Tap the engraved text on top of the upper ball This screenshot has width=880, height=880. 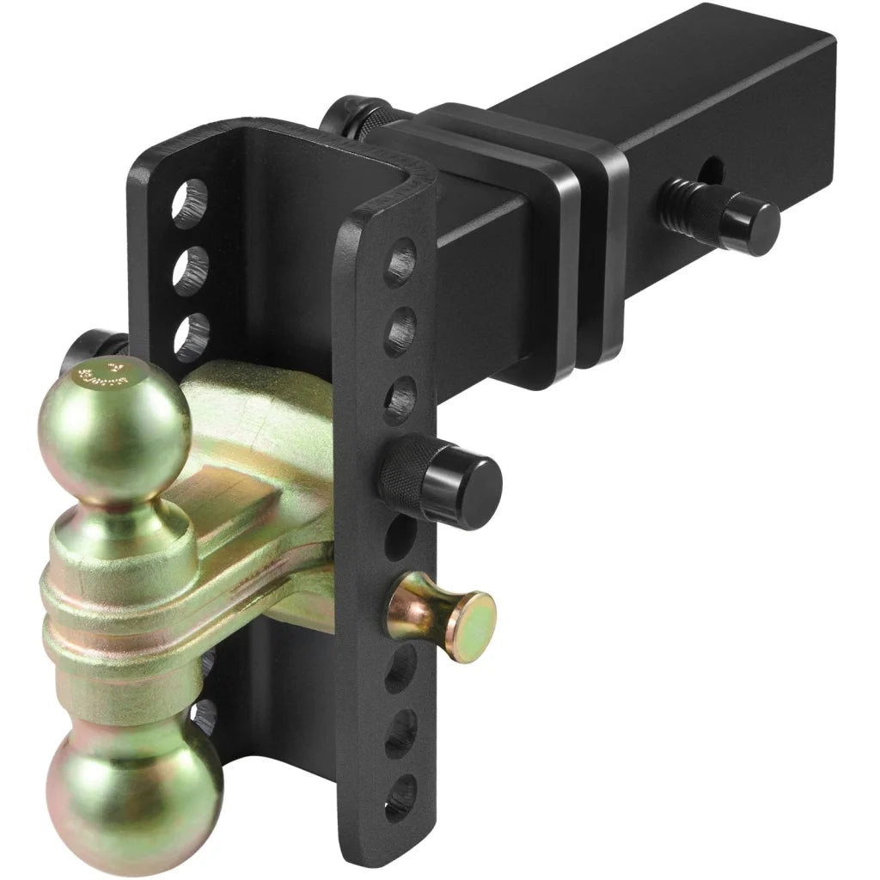click(x=101, y=376)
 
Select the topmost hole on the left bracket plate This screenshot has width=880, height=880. click(x=192, y=203)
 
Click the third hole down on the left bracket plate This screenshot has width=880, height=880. click(x=190, y=333)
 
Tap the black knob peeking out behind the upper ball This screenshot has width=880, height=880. click(x=82, y=353)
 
